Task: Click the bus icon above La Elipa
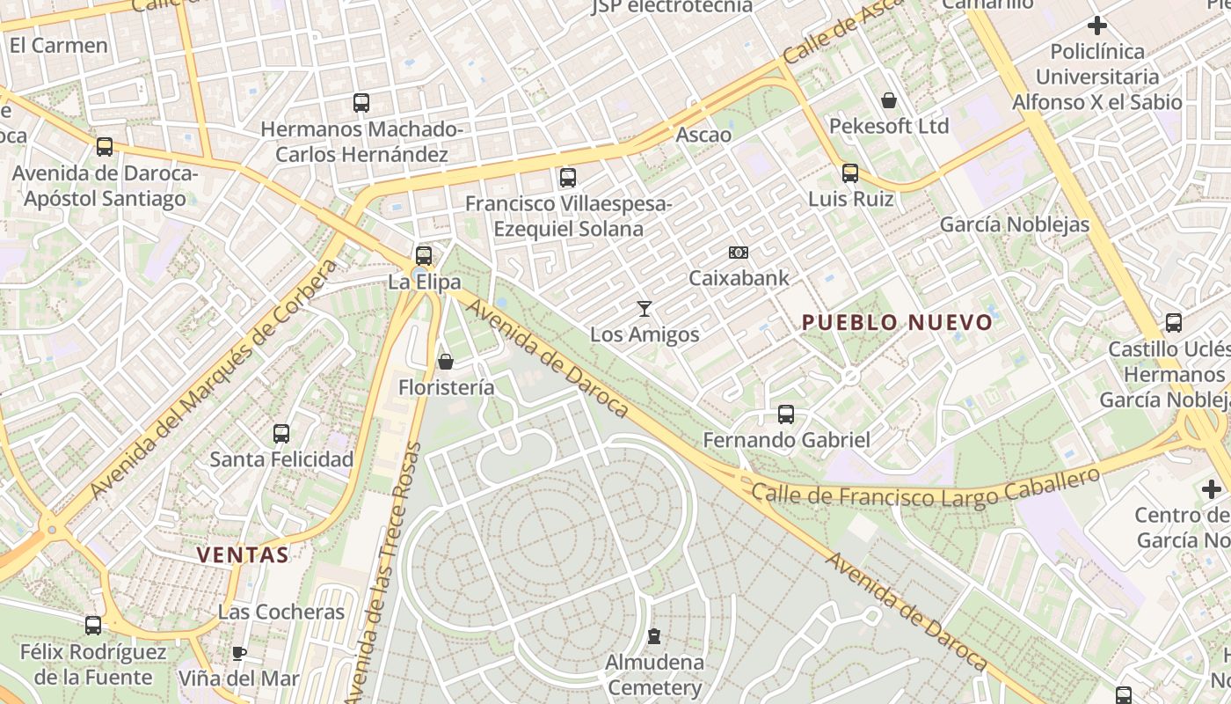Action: pos(424,256)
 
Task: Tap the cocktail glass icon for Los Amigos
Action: pos(645,308)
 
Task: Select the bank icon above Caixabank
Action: pos(739,253)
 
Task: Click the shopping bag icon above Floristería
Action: pos(446,362)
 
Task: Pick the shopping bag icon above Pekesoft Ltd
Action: pos(889,100)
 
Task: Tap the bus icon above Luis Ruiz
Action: pos(849,173)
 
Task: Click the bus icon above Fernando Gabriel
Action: pos(786,414)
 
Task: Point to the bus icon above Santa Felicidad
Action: pos(281,434)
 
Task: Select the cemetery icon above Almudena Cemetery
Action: pos(654,635)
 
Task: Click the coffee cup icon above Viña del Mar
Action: pos(238,653)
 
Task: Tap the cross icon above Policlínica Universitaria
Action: pos(1096,26)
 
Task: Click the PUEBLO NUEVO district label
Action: pos(897,323)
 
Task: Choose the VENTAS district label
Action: pos(243,555)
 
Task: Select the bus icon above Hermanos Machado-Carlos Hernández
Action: pos(361,103)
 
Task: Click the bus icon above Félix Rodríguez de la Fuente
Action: pos(93,626)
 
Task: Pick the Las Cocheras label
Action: pos(281,612)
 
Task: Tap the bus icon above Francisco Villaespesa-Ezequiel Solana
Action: pos(568,178)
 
